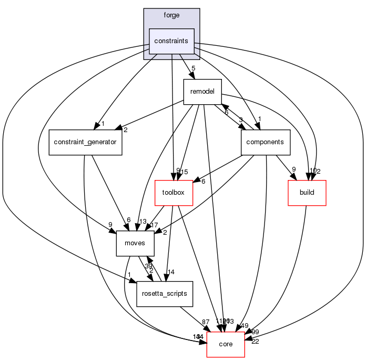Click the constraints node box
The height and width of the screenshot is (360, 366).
point(172,41)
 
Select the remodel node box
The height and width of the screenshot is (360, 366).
point(202,92)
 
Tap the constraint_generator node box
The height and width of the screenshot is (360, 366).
point(85,142)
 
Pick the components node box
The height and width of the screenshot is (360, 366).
point(266,142)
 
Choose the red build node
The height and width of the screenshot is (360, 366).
point(307,192)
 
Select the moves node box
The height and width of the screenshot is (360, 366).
point(135,243)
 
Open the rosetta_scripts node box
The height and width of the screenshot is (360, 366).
point(165,294)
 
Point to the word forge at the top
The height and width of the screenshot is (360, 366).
point(171,15)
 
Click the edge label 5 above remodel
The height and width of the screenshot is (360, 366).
point(194,67)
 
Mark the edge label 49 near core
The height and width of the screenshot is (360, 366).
point(244,326)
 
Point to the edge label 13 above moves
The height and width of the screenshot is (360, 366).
point(142,222)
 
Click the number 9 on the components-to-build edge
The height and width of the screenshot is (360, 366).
point(293,169)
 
